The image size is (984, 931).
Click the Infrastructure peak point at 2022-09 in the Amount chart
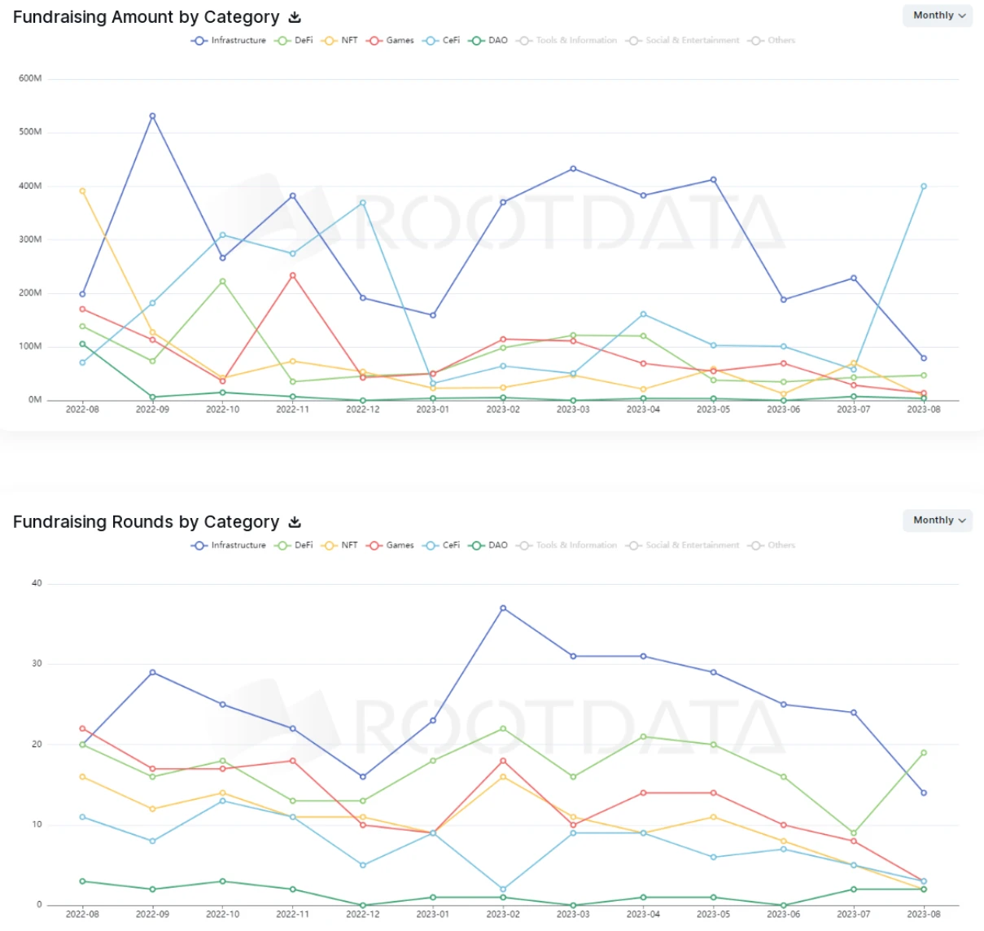152,116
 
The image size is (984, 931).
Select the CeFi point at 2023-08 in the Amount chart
923,187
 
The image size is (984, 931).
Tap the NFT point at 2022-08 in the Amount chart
82,191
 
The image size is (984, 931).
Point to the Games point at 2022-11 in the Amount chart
292,275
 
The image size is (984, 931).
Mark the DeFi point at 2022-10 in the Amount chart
222,281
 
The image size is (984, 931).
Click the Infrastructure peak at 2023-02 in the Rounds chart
503,608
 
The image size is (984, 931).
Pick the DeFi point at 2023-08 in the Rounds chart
923,753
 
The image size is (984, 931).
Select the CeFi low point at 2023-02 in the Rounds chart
503,889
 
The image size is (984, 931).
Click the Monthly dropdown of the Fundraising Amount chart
938,15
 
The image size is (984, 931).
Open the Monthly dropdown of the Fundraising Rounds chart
938,520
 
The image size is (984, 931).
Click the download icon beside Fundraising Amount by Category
295,17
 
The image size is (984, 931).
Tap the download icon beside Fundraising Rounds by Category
295,522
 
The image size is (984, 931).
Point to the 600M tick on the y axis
30,78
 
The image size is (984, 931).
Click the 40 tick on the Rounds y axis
37,583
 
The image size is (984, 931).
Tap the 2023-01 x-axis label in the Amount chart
432,410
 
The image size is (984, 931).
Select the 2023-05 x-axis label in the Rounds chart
713,915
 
